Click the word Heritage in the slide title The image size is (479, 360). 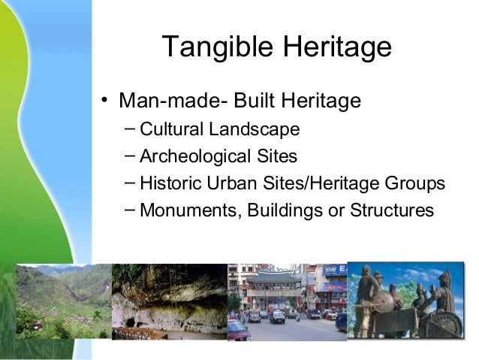click(x=336, y=48)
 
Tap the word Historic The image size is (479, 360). click(x=169, y=183)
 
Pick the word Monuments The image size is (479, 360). click(x=187, y=210)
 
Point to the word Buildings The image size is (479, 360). click(x=282, y=210)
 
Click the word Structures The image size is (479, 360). click(x=391, y=210)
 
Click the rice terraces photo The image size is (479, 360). click(x=65, y=301)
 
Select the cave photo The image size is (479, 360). click(x=169, y=301)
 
